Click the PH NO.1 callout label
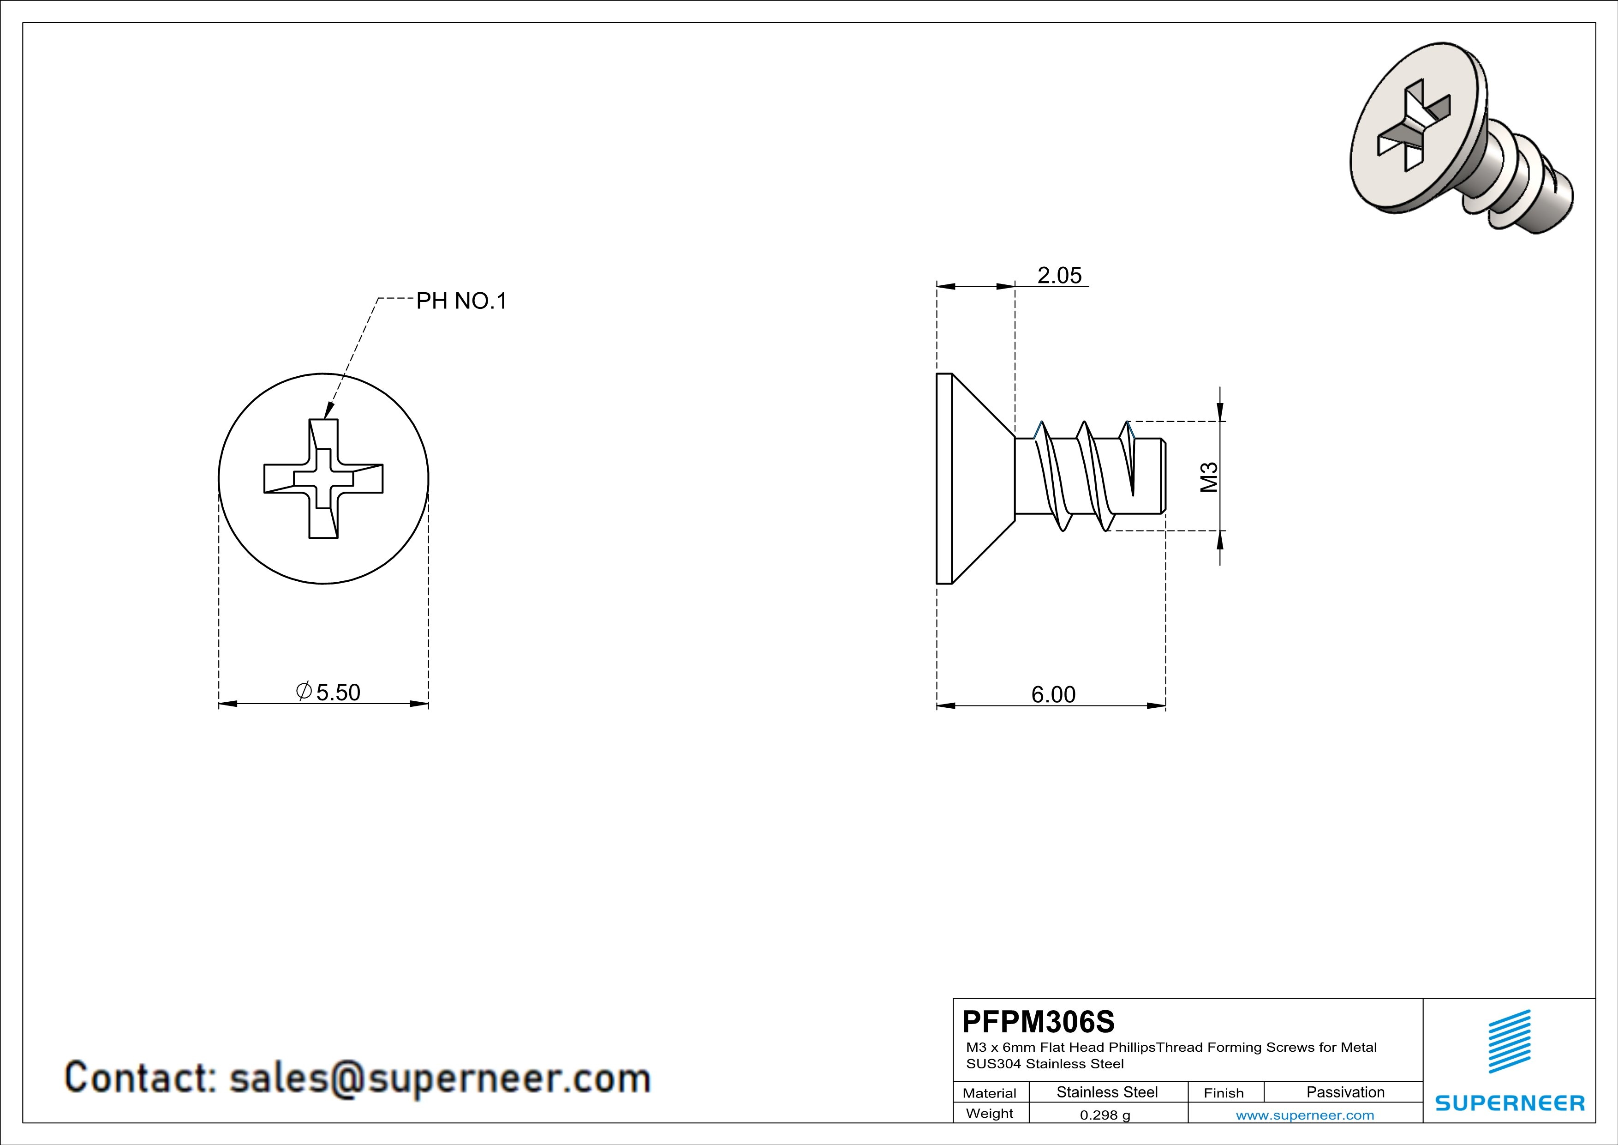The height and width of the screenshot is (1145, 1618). (x=461, y=301)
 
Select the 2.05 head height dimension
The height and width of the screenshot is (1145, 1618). (x=1059, y=275)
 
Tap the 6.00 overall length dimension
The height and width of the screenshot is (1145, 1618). (x=1054, y=694)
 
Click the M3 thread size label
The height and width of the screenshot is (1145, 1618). (x=1209, y=476)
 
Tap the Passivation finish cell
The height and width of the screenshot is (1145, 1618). (x=1345, y=1092)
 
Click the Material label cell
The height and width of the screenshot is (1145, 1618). (x=990, y=1093)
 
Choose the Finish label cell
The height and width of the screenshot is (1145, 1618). (x=1224, y=1093)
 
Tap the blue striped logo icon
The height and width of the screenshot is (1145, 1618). (x=1510, y=1042)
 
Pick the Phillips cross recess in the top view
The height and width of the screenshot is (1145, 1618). (x=323, y=479)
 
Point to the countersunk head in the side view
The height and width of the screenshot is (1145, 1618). (x=976, y=479)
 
